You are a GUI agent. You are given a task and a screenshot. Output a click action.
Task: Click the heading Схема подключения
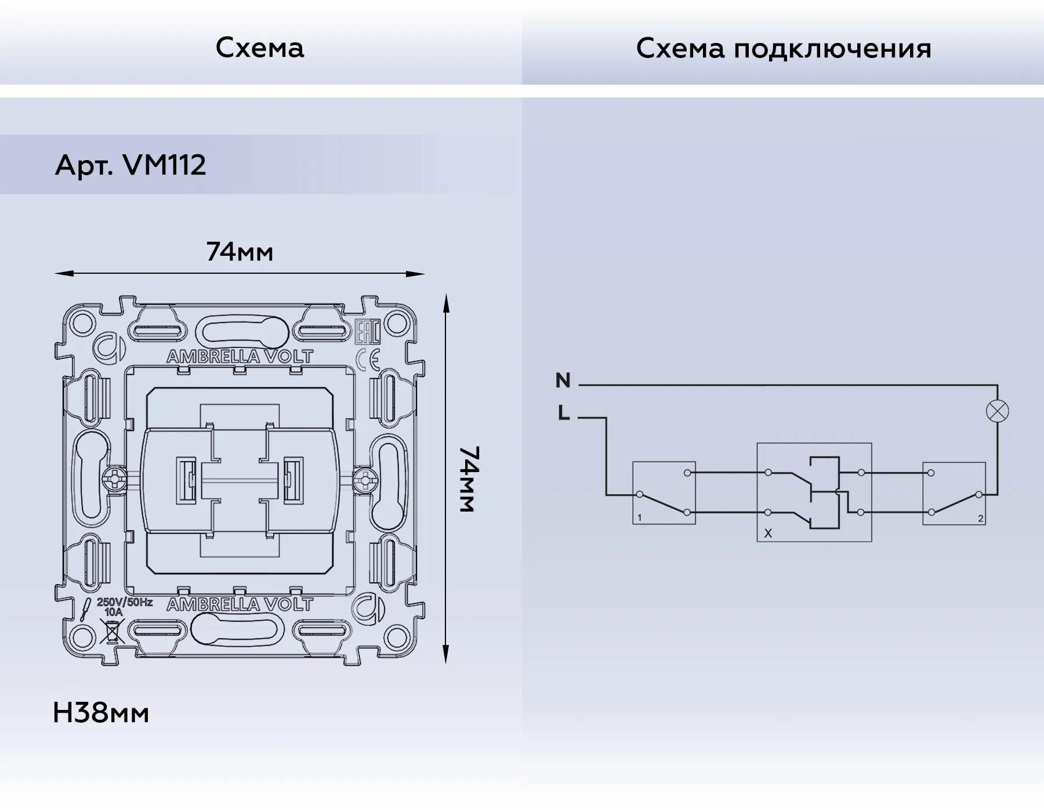point(783,49)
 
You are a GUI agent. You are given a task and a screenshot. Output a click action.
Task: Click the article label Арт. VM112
point(130,166)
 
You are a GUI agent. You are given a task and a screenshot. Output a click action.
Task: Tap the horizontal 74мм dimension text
point(240,252)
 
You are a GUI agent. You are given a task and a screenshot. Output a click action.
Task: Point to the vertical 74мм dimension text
point(467,479)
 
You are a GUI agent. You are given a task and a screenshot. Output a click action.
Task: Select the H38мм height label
point(101,713)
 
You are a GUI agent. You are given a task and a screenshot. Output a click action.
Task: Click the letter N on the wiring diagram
point(563,380)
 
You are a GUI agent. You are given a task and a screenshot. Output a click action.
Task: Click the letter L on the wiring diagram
point(563,414)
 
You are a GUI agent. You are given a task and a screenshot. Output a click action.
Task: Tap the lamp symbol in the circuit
point(997,411)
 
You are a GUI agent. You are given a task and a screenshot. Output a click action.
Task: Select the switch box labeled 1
point(664,493)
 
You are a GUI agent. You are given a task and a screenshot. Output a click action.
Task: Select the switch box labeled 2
point(954,493)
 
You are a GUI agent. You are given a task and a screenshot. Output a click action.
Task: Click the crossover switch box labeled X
point(814,492)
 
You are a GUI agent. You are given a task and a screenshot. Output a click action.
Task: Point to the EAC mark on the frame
point(367,331)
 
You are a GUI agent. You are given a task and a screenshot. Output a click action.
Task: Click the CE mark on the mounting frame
point(368,360)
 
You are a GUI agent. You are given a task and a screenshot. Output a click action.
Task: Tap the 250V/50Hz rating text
point(125,602)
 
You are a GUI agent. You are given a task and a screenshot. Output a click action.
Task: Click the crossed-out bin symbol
point(112,631)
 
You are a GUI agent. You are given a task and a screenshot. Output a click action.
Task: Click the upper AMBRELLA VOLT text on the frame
point(240,357)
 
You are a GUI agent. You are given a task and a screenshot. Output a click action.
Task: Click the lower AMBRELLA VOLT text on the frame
point(240,605)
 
